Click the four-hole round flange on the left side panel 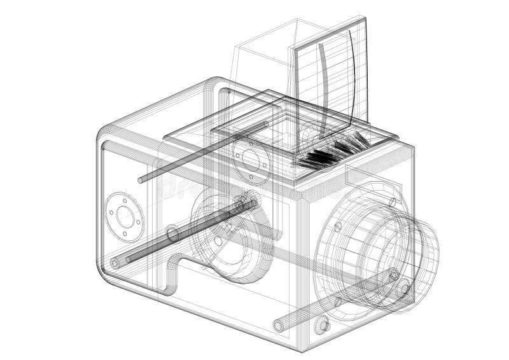click(x=125, y=217)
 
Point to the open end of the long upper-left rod click(x=141, y=181)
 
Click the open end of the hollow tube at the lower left click(x=115, y=263)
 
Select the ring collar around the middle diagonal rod click(x=173, y=234)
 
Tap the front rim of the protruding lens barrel click(x=420, y=254)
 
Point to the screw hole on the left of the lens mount click(x=338, y=226)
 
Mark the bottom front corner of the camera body click(x=304, y=349)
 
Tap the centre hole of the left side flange click(x=125, y=217)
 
